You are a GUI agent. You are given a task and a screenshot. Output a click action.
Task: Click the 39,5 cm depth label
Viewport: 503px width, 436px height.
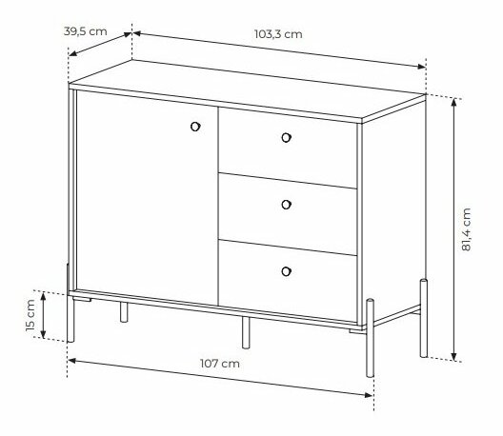[86, 31]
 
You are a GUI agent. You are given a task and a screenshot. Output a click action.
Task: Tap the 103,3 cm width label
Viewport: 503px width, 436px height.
[278, 34]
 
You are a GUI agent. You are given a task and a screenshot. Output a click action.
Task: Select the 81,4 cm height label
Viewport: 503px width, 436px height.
[466, 229]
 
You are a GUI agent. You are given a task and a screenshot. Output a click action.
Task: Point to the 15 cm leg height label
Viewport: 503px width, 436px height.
[30, 315]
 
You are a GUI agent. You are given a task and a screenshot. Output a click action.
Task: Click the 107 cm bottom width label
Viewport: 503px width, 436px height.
[220, 364]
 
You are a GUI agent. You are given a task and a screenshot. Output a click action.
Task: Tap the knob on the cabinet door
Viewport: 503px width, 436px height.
[195, 127]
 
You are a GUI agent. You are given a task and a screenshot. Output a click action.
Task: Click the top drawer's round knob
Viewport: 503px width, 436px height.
[286, 138]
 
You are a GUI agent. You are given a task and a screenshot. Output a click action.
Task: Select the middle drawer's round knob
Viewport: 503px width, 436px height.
[286, 205]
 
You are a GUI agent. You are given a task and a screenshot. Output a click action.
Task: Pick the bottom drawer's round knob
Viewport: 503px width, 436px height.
[286, 271]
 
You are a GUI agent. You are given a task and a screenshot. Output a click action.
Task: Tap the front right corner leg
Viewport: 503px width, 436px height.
[371, 338]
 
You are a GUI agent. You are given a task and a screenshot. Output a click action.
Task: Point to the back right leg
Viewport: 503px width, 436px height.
[424, 318]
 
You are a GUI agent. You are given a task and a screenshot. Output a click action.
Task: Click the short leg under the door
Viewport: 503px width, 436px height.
[124, 312]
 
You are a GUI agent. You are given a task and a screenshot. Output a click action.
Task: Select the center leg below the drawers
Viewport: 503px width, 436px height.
[246, 332]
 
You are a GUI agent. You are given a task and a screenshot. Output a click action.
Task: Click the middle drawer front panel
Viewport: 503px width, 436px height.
[288, 214]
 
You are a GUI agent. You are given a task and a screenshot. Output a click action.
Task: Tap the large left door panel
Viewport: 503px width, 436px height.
[148, 198]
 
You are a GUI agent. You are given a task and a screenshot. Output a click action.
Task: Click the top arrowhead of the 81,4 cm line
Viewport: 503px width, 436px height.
[453, 102]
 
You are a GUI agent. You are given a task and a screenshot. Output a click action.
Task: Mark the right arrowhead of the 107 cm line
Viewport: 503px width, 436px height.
[369, 395]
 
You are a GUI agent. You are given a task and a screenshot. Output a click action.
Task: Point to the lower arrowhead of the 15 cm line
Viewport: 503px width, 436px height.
[43, 334]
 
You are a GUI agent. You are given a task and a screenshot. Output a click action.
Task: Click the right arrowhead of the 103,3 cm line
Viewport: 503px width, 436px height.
[421, 67]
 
